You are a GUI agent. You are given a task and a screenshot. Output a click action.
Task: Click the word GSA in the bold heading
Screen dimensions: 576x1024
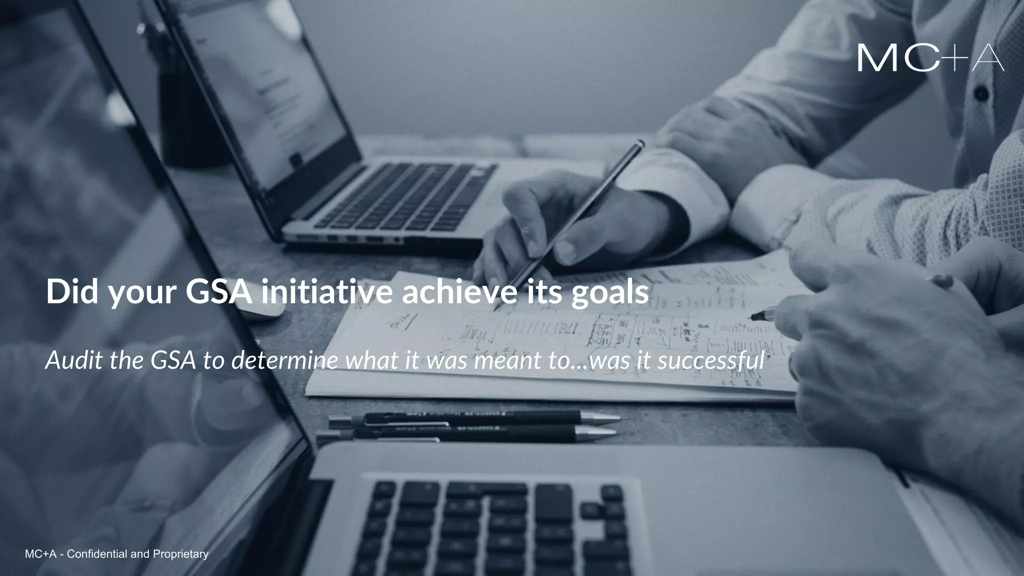[218, 292]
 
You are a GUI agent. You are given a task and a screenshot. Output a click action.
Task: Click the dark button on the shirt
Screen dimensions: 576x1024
[981, 93]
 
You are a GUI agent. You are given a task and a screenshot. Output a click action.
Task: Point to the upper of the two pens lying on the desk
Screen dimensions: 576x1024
[475, 417]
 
